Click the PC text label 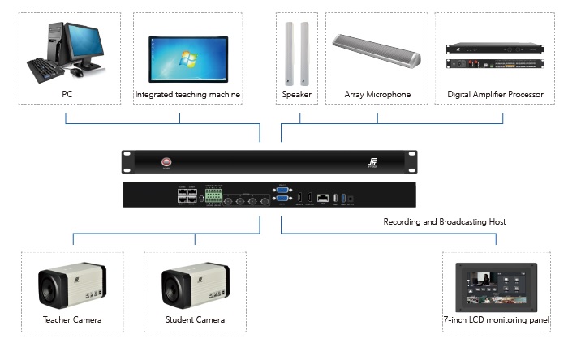[x=67, y=94]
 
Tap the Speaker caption [x=297, y=95]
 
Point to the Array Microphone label [x=377, y=95]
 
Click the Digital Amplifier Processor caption [x=495, y=95]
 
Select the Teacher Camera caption [x=72, y=319]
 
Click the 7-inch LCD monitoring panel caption [x=496, y=319]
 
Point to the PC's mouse [x=76, y=72]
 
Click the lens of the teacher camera [x=51, y=284]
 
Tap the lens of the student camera [x=174, y=284]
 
